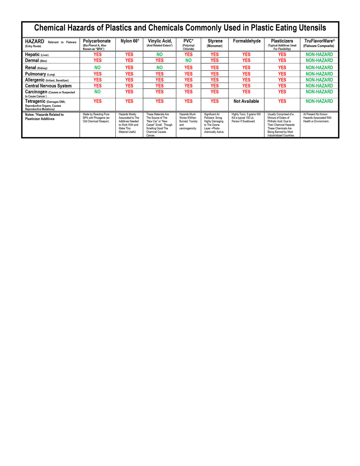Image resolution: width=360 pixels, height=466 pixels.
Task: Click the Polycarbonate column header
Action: (97, 41)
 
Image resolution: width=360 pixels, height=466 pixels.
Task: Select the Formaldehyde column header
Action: (247, 41)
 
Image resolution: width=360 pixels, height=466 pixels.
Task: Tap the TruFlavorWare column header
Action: (319, 41)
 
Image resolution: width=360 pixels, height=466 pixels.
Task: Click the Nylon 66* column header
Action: (130, 41)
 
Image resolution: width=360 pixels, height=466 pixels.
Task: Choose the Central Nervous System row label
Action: (48, 86)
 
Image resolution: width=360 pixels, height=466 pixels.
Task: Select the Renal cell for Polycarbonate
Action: (97, 68)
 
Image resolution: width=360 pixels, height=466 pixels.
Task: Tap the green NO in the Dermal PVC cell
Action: (188, 60)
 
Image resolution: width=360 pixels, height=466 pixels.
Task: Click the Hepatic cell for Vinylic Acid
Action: (160, 55)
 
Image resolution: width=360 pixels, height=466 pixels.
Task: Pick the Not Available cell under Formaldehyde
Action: (246, 101)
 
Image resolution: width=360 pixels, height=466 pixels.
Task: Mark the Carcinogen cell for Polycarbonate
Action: (97, 92)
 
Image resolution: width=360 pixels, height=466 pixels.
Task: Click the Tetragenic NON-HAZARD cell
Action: (319, 101)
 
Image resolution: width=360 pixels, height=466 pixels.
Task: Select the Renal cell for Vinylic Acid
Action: (160, 68)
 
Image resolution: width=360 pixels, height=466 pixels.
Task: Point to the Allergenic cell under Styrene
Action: (214, 80)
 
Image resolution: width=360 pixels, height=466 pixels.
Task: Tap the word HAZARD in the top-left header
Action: (34, 42)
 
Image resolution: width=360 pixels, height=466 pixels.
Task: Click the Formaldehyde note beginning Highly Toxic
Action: (246, 118)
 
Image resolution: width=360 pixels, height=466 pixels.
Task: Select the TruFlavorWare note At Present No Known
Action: (317, 118)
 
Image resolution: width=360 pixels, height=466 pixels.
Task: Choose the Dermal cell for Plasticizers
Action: (282, 60)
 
